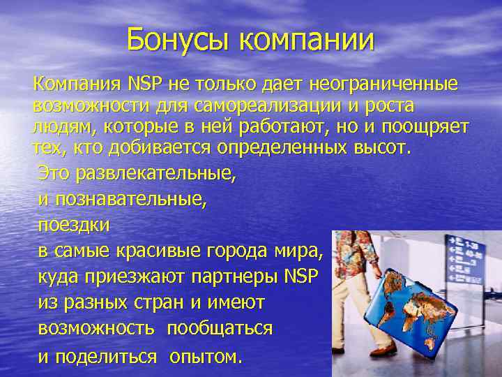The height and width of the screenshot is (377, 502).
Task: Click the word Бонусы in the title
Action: point(178,40)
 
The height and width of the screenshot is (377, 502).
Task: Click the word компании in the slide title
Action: point(307,41)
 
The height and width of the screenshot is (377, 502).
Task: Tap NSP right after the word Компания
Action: point(144,85)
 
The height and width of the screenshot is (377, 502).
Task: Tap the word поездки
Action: point(74,226)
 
